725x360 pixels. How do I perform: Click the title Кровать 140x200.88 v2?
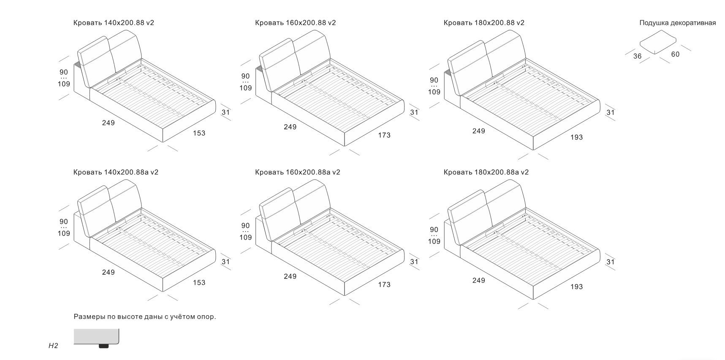tap(114, 23)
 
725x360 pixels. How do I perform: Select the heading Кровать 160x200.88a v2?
tap(298, 172)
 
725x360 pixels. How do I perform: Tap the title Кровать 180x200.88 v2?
tap(484, 23)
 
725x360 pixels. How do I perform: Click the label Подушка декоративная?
tap(677, 23)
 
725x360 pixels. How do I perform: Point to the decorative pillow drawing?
tap(657, 44)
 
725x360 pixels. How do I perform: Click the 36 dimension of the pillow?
tap(637, 56)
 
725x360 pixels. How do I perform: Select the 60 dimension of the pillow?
tap(675, 54)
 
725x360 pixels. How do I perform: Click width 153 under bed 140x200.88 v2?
tap(199, 133)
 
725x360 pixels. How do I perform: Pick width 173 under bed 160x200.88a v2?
tap(384, 285)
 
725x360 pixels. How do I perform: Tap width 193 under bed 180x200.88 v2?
tap(576, 137)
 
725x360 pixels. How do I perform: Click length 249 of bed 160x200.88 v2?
tap(290, 127)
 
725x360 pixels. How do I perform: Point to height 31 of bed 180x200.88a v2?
tap(611, 262)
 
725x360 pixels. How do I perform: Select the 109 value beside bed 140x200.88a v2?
tap(64, 233)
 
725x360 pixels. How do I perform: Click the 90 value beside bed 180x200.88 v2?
tap(434, 80)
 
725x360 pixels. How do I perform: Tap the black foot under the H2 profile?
tap(103, 346)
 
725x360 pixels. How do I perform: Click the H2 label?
tap(53, 346)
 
